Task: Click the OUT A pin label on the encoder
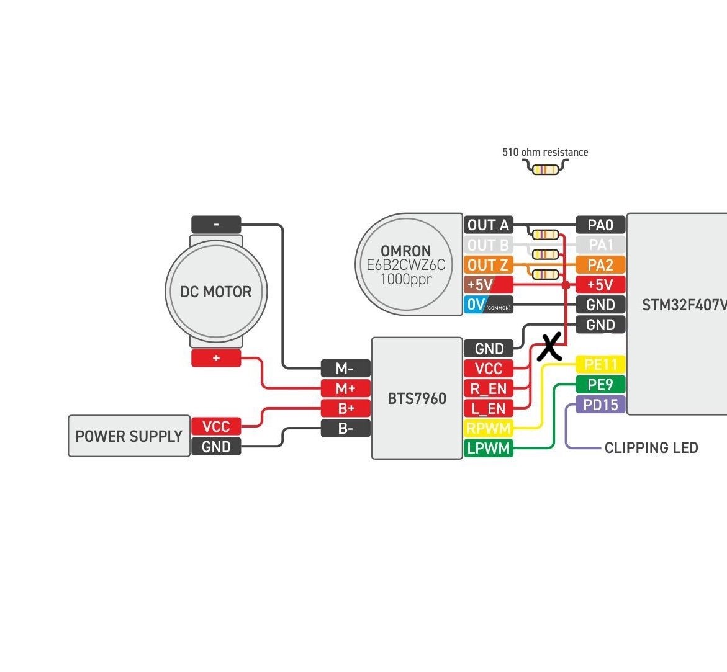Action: click(x=488, y=225)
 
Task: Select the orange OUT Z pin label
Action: click(x=488, y=265)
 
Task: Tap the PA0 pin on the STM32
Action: click(x=600, y=225)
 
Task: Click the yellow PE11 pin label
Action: click(x=600, y=364)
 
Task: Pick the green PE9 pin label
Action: click(x=600, y=384)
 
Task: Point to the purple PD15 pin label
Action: click(x=600, y=405)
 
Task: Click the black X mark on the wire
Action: click(x=549, y=347)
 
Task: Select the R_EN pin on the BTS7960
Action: click(x=488, y=388)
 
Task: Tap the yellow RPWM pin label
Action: click(x=488, y=428)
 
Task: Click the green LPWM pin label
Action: click(x=488, y=448)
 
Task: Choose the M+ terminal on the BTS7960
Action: click(x=345, y=388)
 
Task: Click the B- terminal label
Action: click(x=345, y=428)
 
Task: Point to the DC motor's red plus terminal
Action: click(x=216, y=358)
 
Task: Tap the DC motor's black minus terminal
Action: click(x=216, y=224)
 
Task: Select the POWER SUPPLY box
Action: click(x=129, y=436)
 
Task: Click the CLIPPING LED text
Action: click(x=651, y=447)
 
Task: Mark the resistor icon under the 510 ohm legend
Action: click(x=545, y=168)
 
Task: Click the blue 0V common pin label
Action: click(x=488, y=305)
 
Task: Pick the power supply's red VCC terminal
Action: click(x=216, y=426)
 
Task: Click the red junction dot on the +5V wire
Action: click(x=566, y=285)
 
